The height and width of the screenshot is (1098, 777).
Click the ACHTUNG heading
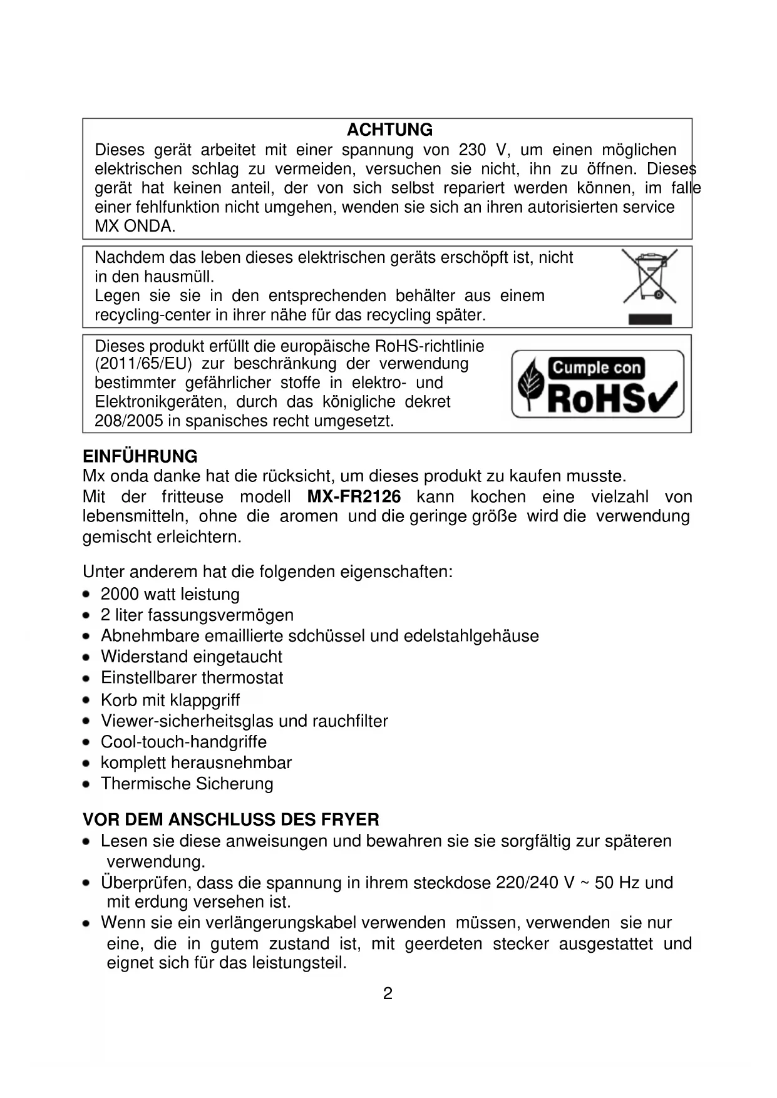(x=389, y=130)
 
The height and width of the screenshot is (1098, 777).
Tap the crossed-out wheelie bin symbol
(x=649, y=276)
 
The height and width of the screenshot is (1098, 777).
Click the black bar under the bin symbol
(x=649, y=319)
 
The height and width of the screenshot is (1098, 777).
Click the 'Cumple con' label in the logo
(x=596, y=367)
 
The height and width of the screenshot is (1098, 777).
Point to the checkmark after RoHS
(x=665, y=398)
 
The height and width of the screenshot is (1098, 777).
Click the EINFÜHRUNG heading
(x=140, y=456)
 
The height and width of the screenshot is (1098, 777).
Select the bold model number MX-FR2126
(x=354, y=497)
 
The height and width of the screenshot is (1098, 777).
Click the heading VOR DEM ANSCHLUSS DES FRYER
(x=230, y=819)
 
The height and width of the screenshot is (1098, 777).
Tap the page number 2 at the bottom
(x=388, y=993)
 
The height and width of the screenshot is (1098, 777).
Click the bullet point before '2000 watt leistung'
(x=88, y=594)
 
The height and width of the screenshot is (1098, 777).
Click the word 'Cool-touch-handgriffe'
(x=183, y=742)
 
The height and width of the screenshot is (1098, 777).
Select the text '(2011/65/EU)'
(x=143, y=364)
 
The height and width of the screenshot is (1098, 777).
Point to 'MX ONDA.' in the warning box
(x=135, y=226)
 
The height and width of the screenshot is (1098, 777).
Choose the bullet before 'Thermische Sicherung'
(x=88, y=784)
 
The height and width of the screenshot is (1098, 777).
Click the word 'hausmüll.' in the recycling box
(x=178, y=277)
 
